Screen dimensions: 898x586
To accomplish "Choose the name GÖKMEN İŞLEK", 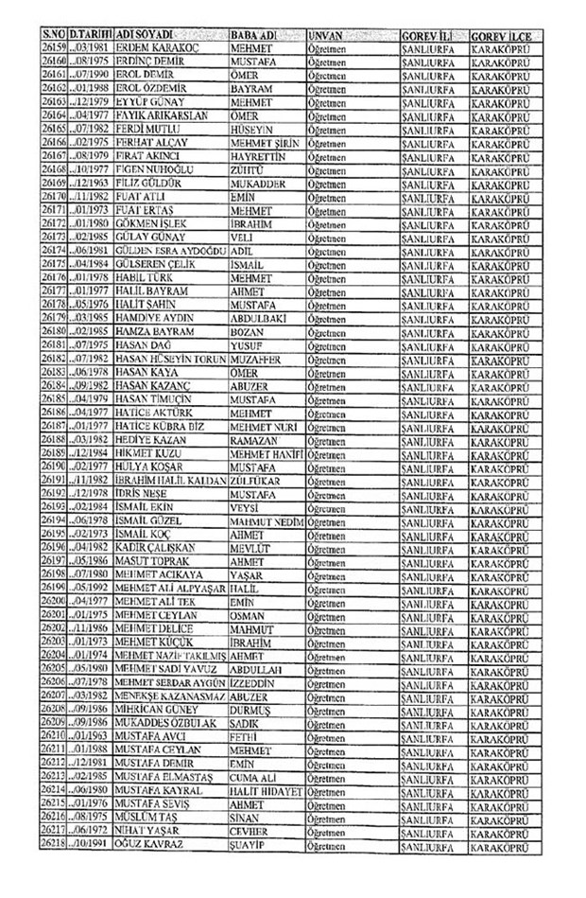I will click(152, 223).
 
